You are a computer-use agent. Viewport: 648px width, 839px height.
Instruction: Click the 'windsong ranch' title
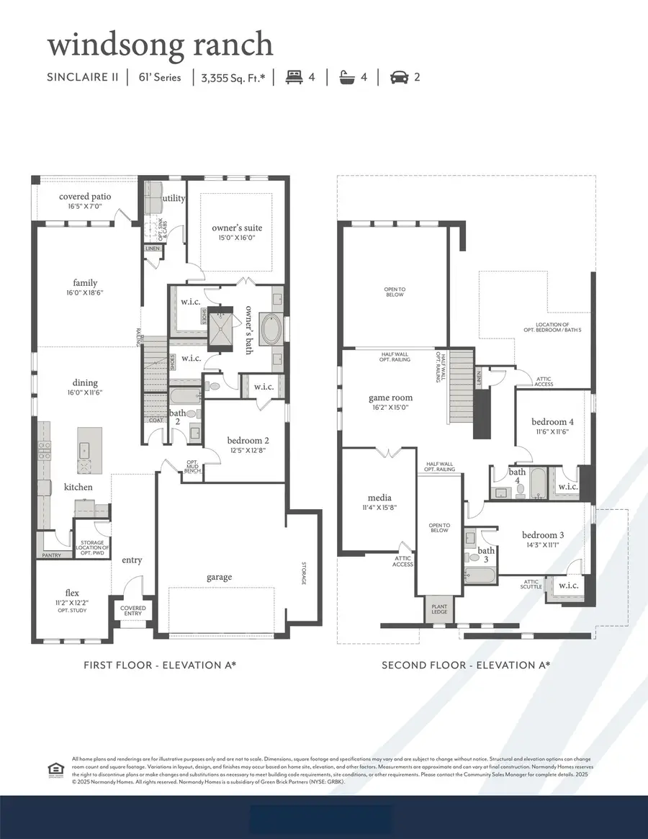click(x=160, y=45)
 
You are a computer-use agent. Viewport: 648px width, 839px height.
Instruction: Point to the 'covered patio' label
click(x=84, y=197)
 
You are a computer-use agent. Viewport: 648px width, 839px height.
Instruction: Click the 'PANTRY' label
click(x=51, y=555)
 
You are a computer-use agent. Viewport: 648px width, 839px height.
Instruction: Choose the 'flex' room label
click(x=72, y=593)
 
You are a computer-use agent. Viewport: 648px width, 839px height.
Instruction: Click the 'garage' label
click(x=220, y=577)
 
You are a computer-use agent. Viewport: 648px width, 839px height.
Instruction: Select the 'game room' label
click(x=390, y=398)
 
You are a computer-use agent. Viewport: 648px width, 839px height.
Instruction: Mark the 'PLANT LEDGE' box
click(x=439, y=610)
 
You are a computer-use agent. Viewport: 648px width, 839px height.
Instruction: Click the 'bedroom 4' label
click(x=552, y=421)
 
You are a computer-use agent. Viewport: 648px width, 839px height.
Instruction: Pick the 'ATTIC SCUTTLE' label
click(x=531, y=584)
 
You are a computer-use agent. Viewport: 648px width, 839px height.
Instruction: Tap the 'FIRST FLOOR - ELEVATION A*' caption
click(x=160, y=665)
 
